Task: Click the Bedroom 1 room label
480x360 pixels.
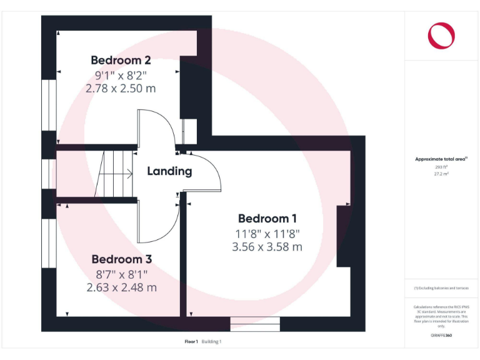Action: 267,219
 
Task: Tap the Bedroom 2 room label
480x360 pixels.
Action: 121,61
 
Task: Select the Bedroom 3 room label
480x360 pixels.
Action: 122,259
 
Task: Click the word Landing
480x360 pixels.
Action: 169,171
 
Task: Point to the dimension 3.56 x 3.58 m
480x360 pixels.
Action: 267,247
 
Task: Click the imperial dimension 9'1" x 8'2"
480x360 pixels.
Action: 121,75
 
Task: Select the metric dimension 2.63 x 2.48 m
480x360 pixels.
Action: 122,287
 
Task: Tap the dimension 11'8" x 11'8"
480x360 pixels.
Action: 267,233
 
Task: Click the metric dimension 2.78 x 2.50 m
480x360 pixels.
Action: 121,89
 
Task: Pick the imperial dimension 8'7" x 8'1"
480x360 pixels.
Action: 122,273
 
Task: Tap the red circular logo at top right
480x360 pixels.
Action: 441,35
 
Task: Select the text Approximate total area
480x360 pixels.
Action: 440,159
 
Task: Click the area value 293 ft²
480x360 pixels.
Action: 441,167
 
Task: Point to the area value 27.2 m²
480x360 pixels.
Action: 441,174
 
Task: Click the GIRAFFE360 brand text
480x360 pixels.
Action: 441,336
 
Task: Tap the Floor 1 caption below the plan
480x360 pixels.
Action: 191,342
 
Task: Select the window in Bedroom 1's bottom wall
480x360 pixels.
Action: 254,324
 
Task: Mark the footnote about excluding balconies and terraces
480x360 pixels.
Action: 441,287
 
